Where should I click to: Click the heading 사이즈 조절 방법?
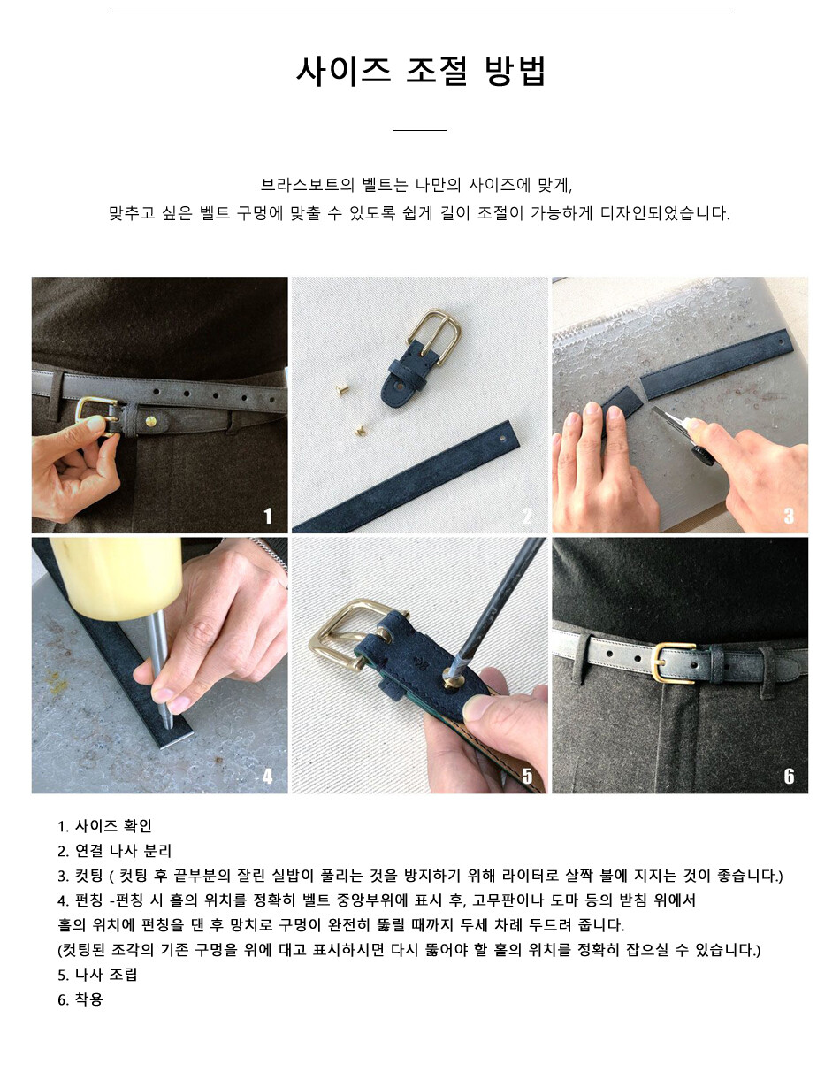tap(421, 71)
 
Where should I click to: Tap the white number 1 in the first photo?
tap(268, 516)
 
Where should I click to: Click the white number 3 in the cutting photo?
tap(789, 516)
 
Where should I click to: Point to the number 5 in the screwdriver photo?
tap(528, 777)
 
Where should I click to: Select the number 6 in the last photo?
tap(789, 777)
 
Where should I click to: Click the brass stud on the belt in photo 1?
tap(151, 421)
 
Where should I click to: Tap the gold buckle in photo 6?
tap(673, 663)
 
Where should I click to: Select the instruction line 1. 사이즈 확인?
tap(104, 825)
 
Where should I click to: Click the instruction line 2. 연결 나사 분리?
tap(114, 851)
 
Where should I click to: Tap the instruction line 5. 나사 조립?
tap(97, 975)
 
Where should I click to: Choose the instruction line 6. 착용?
tap(80, 999)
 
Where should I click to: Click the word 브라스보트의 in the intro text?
tap(308, 185)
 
